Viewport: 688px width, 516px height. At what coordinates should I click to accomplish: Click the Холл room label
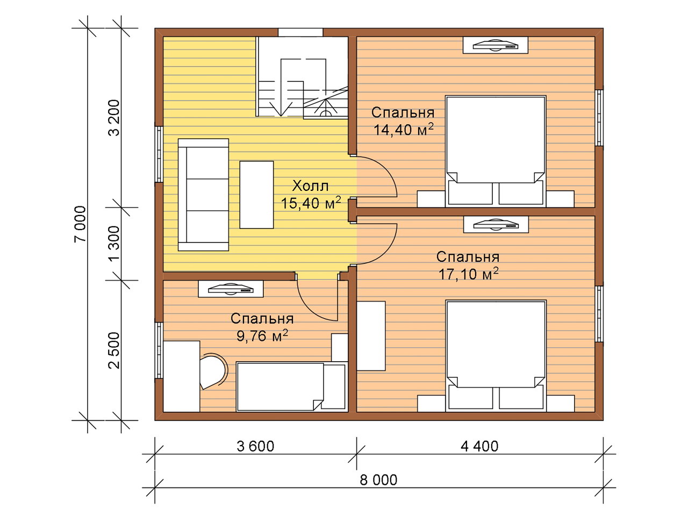[310, 186]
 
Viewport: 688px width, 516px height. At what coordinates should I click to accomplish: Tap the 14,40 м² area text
[404, 130]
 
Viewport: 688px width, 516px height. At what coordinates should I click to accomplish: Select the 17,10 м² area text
[468, 274]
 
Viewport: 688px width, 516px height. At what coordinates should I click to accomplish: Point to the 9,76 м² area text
[262, 336]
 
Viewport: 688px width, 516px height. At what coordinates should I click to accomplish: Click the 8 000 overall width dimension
[378, 479]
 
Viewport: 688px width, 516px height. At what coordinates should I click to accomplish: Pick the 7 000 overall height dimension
[80, 224]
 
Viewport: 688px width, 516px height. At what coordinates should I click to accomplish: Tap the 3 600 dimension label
[255, 446]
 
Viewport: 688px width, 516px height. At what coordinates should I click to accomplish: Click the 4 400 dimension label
[479, 446]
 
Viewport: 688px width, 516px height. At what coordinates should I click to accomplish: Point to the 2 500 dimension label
[114, 350]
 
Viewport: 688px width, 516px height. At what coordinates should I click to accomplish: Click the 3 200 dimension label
[114, 118]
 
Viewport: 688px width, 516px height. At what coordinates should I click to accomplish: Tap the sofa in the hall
[203, 195]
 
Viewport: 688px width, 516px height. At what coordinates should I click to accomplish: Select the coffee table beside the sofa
[256, 195]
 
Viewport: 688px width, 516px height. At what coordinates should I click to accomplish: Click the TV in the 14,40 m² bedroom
[496, 45]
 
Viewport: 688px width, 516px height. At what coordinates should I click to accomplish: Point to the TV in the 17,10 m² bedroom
[496, 224]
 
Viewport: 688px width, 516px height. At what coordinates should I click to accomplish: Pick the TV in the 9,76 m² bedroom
[231, 289]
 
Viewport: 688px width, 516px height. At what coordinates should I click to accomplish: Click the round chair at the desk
[213, 371]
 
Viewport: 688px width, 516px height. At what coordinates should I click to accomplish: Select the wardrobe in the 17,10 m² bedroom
[371, 336]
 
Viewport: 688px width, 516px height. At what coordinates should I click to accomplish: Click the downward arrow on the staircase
[281, 109]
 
